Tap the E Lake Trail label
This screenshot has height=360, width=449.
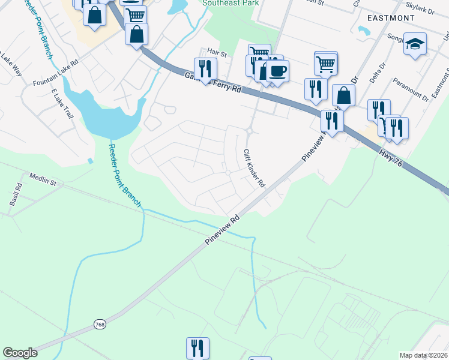pyautogui.click(x=62, y=103)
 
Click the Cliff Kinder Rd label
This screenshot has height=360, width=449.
pyautogui.click(x=255, y=169)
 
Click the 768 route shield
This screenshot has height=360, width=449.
pyautogui.click(x=100, y=325)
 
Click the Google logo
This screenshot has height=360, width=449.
pyautogui.click(x=20, y=353)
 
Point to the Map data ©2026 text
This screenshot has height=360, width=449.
pyautogui.click(x=423, y=355)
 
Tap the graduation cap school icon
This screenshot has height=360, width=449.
pyautogui.click(x=415, y=44)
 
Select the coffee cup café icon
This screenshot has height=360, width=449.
pyautogui.click(x=277, y=71)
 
